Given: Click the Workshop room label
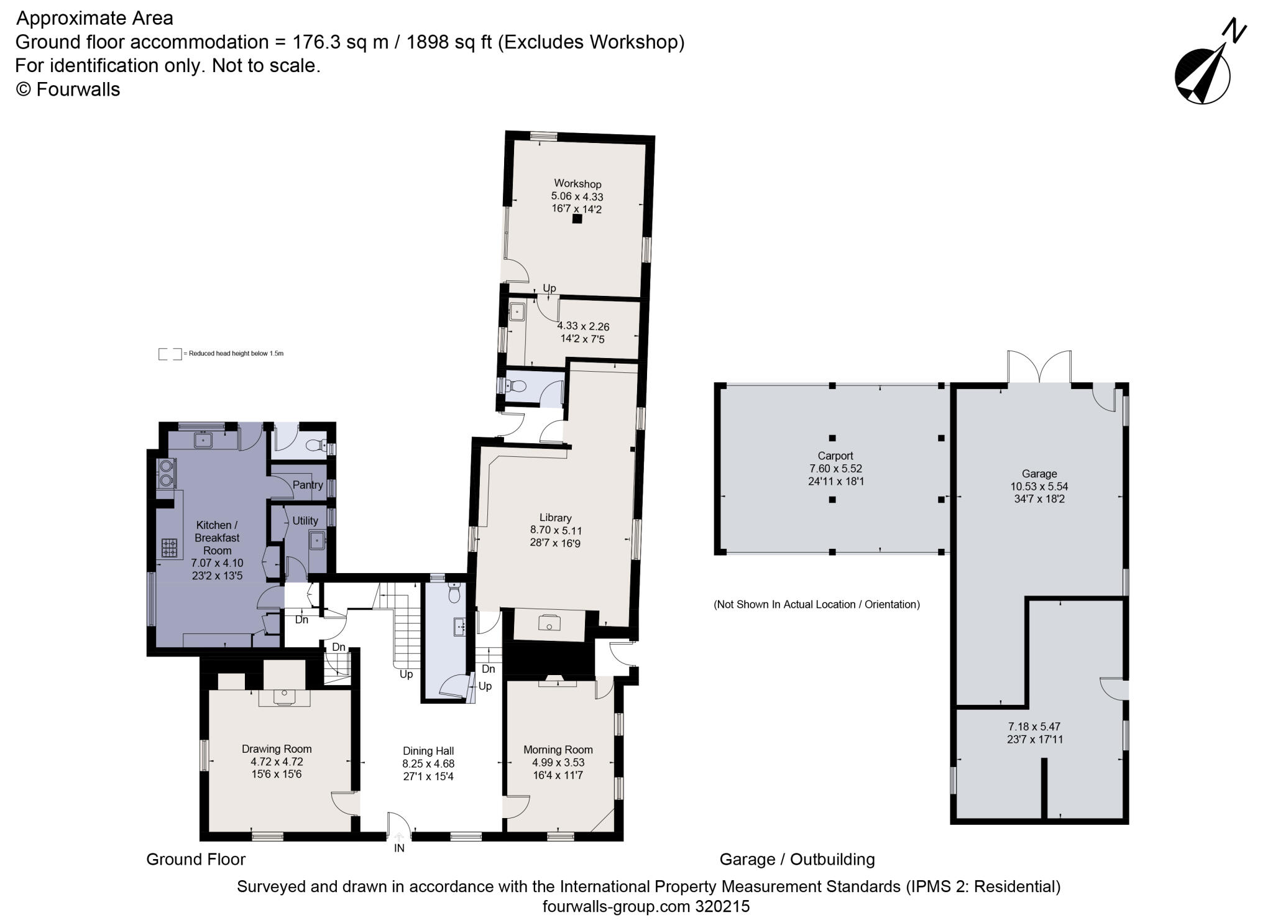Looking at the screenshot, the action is [x=577, y=184].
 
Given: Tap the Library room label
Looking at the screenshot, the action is [x=555, y=518].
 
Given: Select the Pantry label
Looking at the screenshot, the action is [x=308, y=485].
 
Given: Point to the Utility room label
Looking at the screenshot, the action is [x=305, y=521].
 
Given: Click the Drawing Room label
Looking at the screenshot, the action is [x=277, y=749].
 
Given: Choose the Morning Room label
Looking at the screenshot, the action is [x=558, y=750].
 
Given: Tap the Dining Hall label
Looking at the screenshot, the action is [x=428, y=751].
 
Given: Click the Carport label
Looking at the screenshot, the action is [x=835, y=456].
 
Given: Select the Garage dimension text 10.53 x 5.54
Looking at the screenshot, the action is [x=1039, y=487].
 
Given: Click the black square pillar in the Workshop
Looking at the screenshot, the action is [x=577, y=219].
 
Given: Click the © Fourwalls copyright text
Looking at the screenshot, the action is [x=68, y=90].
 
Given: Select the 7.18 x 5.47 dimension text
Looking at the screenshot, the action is [x=1034, y=726].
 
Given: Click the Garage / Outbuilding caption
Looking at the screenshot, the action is [x=797, y=860].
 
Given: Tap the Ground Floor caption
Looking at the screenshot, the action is [x=196, y=860].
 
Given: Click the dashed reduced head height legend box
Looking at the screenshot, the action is [x=170, y=354].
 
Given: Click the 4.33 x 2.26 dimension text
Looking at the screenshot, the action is [x=583, y=326].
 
